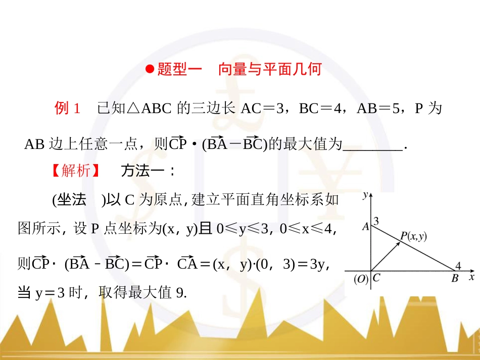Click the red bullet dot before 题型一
point(150,70)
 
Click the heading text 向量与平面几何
point(270,70)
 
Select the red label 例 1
point(67,109)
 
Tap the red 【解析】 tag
point(75,171)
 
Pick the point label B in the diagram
point(455,279)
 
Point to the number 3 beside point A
point(376,221)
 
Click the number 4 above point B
point(458,266)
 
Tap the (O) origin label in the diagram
point(360,279)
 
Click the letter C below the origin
point(376,278)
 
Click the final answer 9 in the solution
point(181,293)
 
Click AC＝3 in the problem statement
point(264,109)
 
